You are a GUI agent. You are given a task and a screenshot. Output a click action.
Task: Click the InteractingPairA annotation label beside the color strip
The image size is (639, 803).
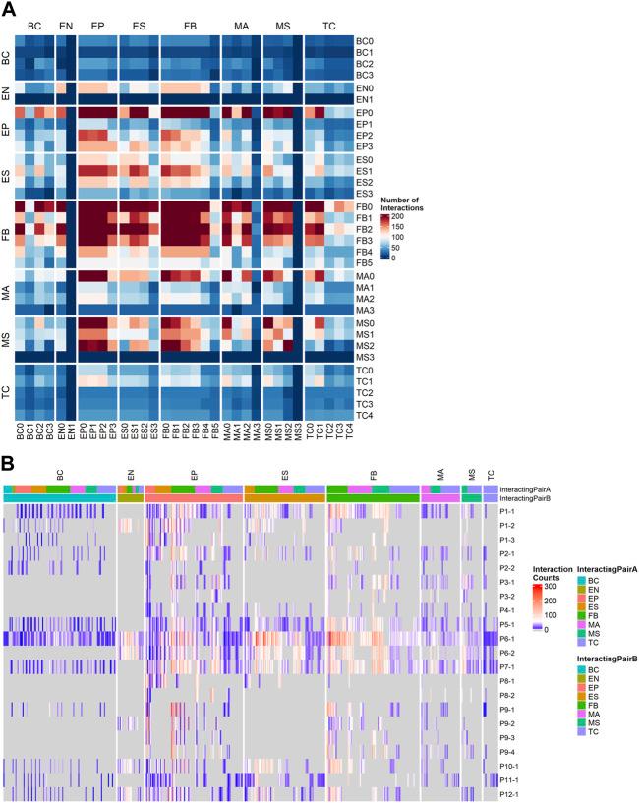[525, 488]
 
